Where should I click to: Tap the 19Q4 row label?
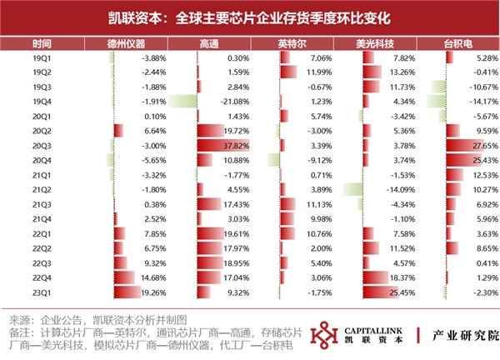42,102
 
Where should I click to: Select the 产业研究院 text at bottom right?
460,334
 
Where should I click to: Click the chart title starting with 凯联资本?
249,16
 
